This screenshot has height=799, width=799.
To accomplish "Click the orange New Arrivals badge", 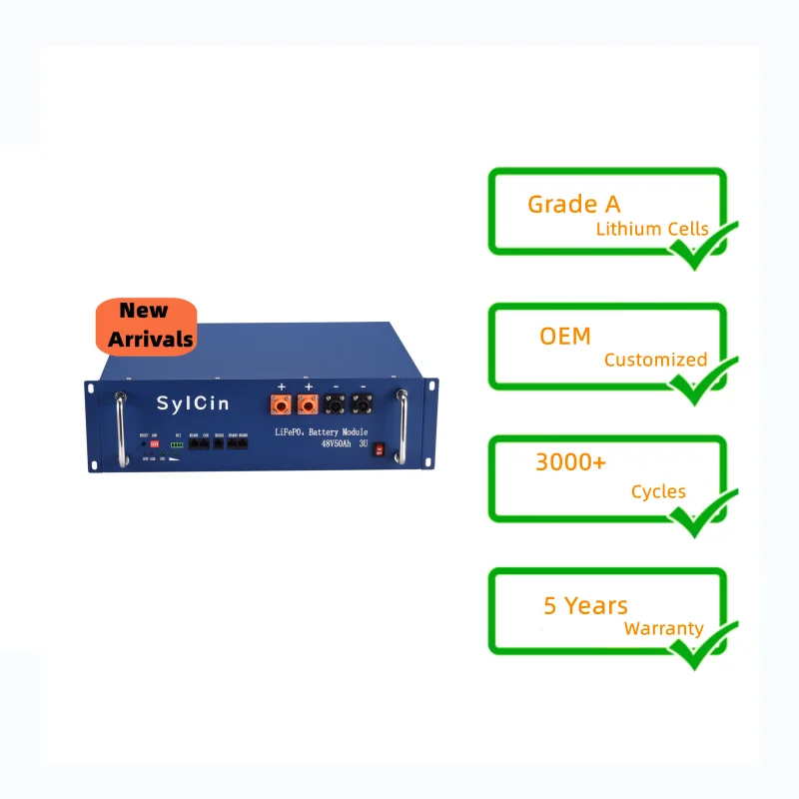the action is pos(144,326).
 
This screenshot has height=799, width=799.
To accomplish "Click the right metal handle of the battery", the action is pos(401,426).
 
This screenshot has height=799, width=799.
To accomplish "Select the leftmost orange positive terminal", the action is pos(282,405).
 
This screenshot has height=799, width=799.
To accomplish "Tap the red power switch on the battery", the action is pos(380,450).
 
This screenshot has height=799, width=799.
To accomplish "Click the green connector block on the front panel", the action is pos(178,445).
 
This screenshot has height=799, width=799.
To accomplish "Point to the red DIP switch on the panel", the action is pos(155,444).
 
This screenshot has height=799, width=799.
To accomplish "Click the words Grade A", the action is pos(573,204).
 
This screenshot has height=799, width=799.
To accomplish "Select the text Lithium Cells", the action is pos(652,229).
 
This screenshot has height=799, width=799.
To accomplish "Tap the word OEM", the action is pos(565,336).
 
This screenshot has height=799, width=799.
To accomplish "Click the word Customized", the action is pos(655,360).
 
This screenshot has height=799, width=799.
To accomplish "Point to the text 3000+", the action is pos(571,463).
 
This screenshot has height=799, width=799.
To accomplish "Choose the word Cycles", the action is pos(658,491).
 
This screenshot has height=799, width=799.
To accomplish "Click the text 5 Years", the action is pos(585,605).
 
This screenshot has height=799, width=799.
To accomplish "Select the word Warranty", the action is pos(663,629).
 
